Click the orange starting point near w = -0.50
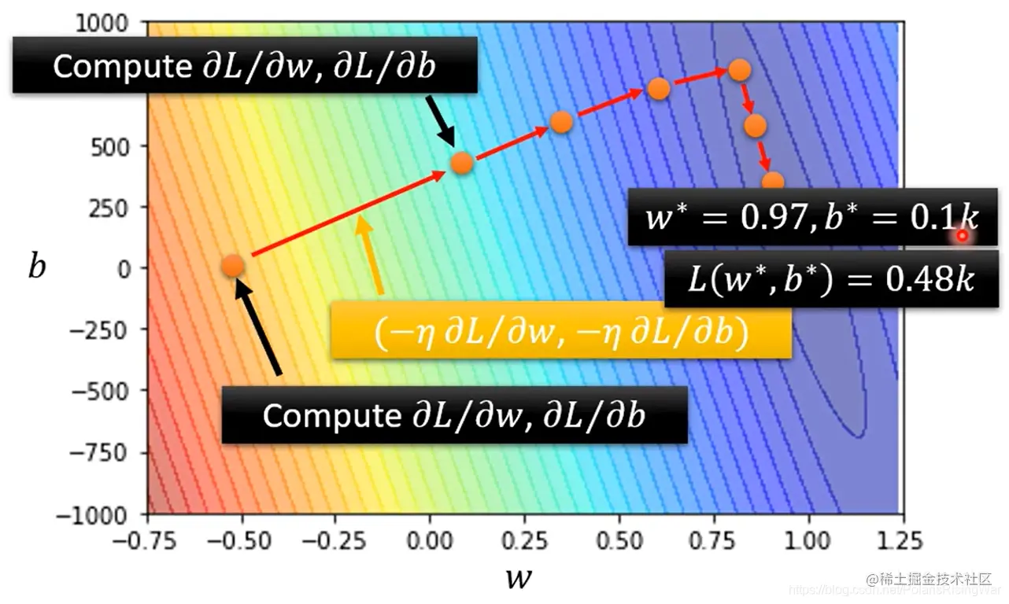232,266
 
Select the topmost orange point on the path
738,70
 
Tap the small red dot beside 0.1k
962,235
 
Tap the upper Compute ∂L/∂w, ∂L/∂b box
245,67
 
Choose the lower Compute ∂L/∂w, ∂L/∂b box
454,414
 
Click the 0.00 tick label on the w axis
430,541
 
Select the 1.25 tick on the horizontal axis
903,541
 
